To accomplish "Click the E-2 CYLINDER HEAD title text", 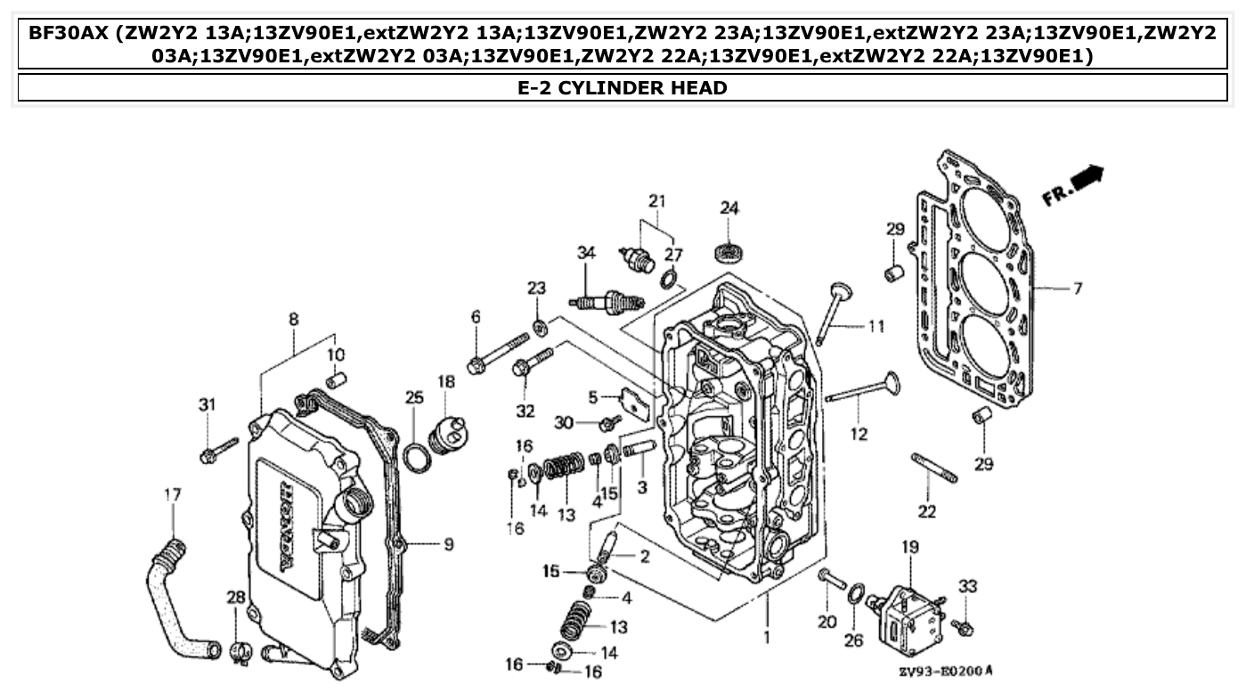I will pyautogui.click(x=622, y=87).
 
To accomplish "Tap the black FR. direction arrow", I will pyautogui.click(x=1087, y=178).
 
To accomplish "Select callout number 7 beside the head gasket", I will pyautogui.click(x=1077, y=289).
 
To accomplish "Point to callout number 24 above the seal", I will pyautogui.click(x=729, y=208).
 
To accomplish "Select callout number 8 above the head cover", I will pyautogui.click(x=293, y=319).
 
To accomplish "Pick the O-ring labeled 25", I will pyautogui.click(x=415, y=458).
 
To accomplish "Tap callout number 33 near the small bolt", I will pyautogui.click(x=967, y=586).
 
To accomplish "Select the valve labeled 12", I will pyautogui.click(x=864, y=391).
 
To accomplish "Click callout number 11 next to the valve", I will pyautogui.click(x=876, y=327).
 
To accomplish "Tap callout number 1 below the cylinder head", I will pyautogui.click(x=767, y=638).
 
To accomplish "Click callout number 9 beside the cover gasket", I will pyautogui.click(x=449, y=542).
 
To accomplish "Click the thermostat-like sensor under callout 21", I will pyautogui.click(x=636, y=257).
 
